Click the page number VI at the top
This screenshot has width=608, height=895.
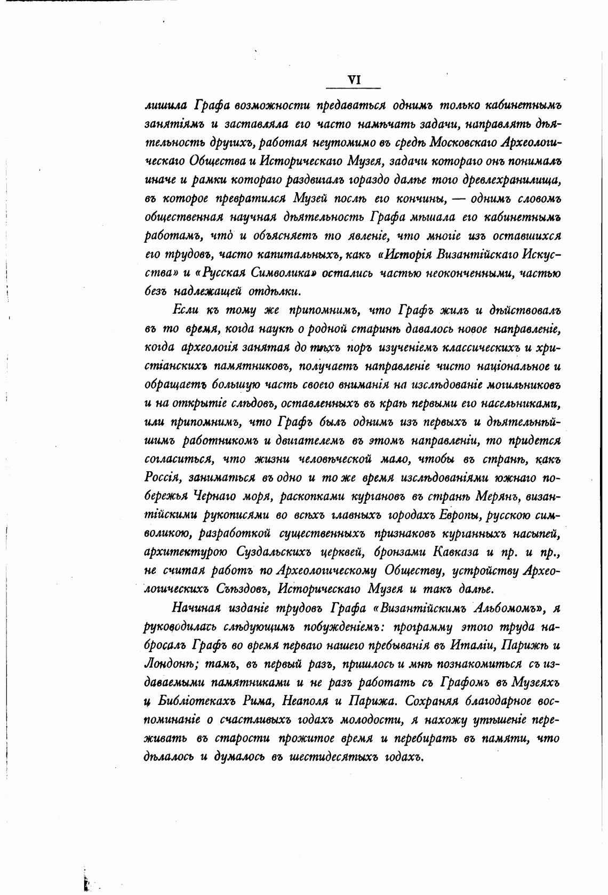tap(355, 80)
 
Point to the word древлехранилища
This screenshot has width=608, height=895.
tap(513, 180)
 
